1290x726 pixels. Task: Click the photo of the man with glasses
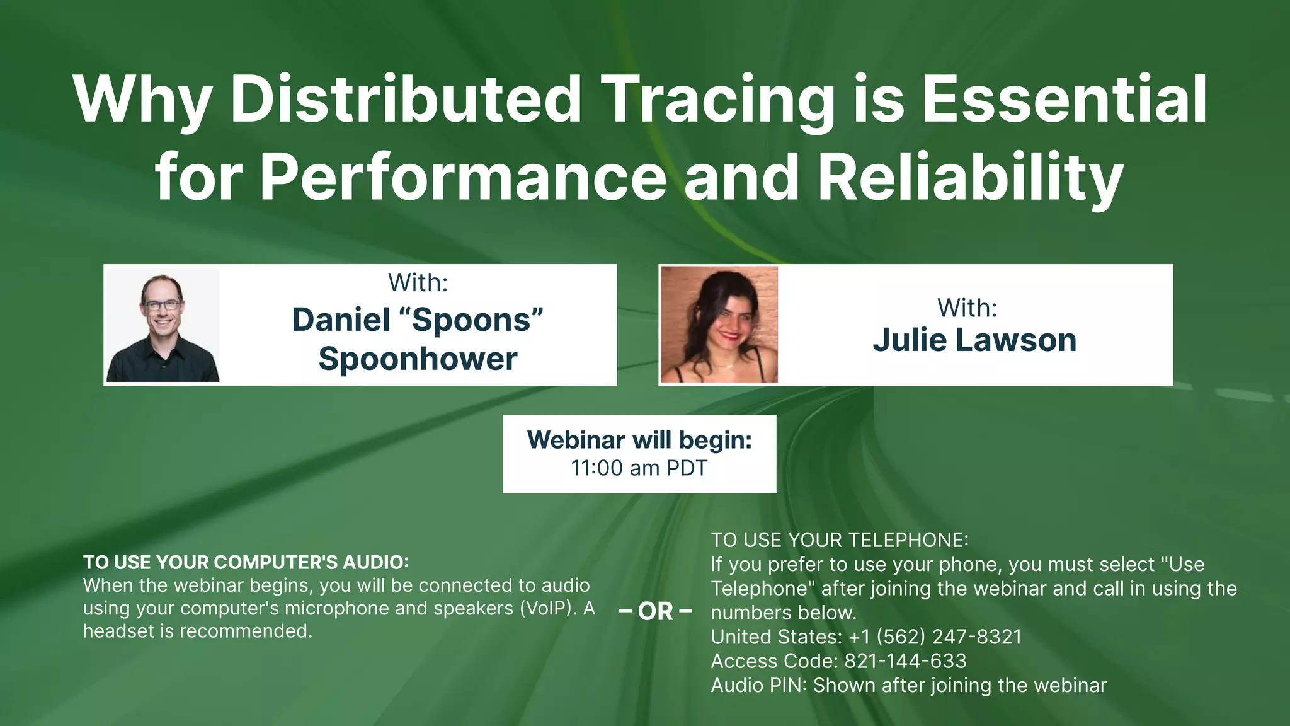coord(163,325)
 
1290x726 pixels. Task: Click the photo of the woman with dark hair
coord(719,325)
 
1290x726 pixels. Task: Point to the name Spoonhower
coord(418,359)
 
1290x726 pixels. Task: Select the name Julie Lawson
coord(974,340)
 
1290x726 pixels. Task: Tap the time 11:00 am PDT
coord(639,468)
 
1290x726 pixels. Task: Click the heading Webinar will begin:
coord(639,440)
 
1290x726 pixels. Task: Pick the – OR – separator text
coord(655,611)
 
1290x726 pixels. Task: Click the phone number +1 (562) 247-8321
coord(935,637)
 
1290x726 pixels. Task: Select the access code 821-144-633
coord(905,661)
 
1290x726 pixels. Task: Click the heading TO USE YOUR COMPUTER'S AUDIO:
coord(246,562)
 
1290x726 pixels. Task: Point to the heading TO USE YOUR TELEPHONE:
coord(839,540)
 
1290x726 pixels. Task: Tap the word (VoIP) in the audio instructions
coord(548,608)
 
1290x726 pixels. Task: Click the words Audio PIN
coord(758,685)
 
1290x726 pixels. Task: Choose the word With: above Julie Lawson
coord(967,308)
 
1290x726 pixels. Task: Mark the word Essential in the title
coord(1065,100)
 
